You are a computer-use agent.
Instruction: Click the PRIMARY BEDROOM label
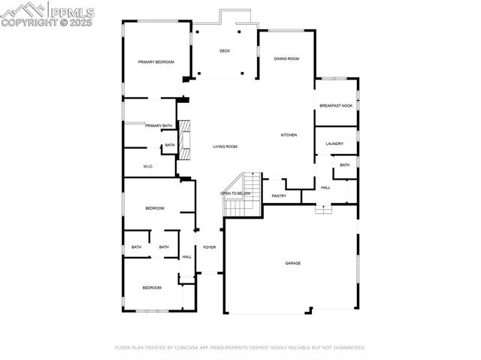coord(156,62)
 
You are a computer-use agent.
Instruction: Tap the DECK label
coord(225,51)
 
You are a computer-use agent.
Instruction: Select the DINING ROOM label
coord(286,59)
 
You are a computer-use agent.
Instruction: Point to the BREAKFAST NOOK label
coord(336,106)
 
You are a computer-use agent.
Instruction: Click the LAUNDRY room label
coord(334,144)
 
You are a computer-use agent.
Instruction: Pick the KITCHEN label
coord(289,135)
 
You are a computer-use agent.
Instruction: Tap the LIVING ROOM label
coord(225,147)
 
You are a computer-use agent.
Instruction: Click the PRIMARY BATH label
coord(159,126)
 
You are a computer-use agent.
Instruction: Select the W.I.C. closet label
coord(149,166)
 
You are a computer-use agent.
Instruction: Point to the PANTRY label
coord(279,196)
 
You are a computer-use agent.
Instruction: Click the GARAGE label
coord(292,263)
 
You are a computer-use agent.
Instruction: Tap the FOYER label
coord(209,247)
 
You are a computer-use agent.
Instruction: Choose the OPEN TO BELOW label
coord(235,193)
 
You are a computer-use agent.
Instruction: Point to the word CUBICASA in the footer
coord(192,348)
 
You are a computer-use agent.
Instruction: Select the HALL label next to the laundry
coord(325,188)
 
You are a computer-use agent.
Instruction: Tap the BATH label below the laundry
coord(344,165)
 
